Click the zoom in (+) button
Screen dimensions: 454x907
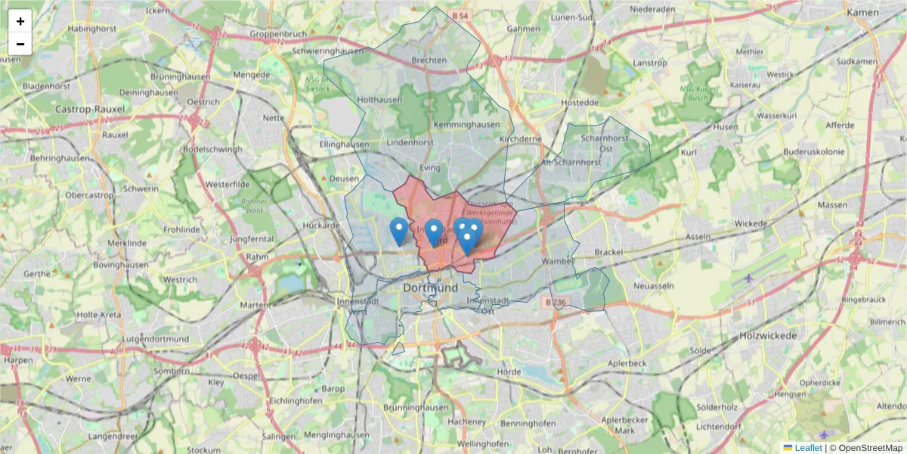click(x=20, y=21)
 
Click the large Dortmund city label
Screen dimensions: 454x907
click(x=431, y=288)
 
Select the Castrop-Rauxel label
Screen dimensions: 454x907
click(x=90, y=109)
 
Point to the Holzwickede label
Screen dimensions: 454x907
click(x=768, y=334)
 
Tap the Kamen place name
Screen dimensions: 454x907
click(x=862, y=13)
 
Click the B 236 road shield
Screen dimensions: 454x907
click(x=555, y=302)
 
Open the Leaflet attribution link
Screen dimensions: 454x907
click(x=808, y=448)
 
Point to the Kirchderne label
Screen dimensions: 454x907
click(x=521, y=139)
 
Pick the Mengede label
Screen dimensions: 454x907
click(x=252, y=75)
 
